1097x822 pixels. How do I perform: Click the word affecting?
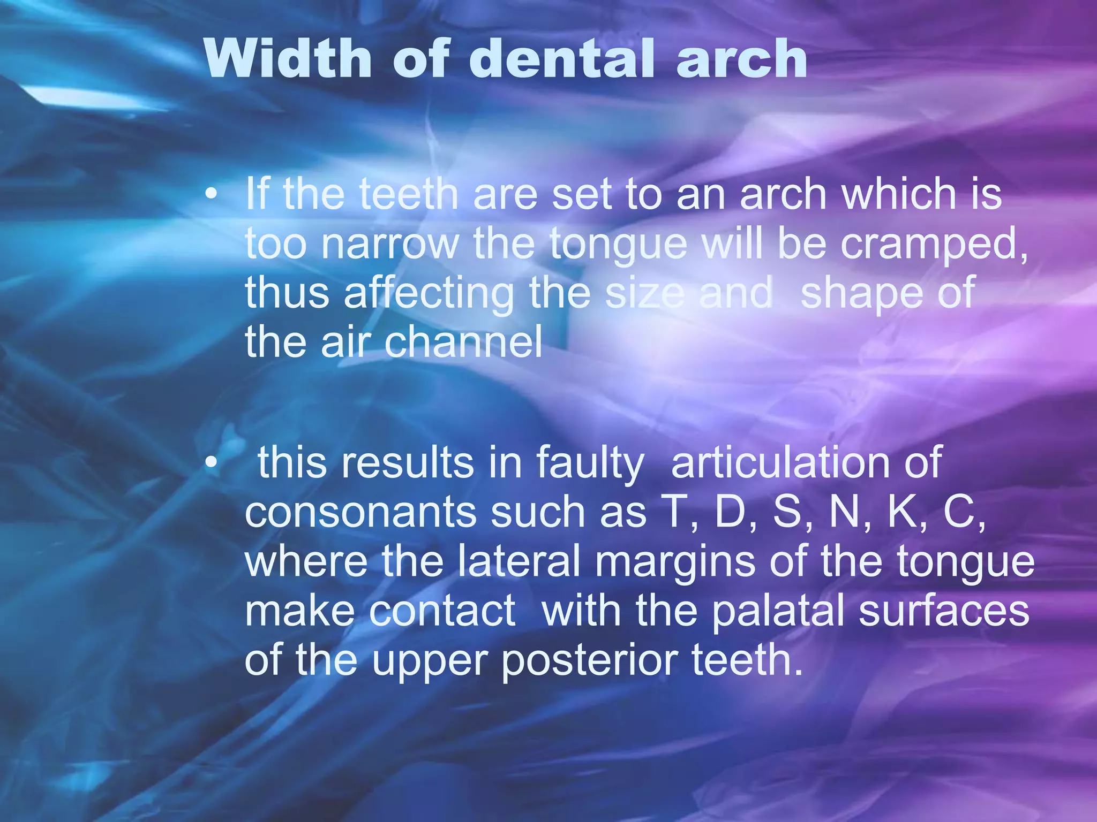[x=429, y=293]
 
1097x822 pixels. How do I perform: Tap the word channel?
[x=464, y=342]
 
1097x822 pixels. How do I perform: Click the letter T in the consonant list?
[x=675, y=512]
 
